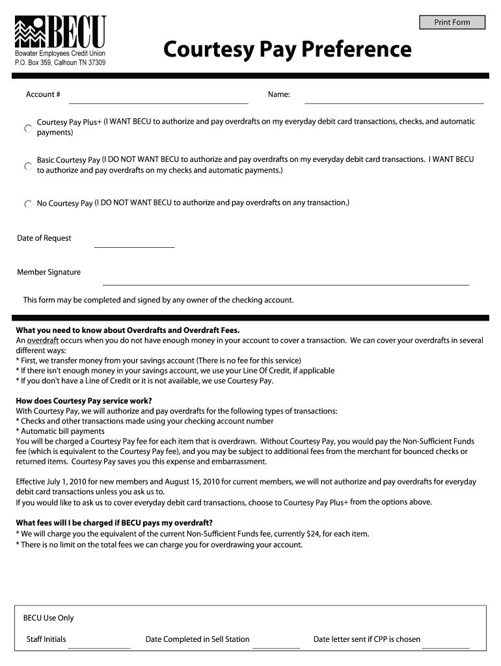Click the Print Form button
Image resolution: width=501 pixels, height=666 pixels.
click(x=452, y=22)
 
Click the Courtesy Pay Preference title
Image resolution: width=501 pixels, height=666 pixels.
click(x=287, y=49)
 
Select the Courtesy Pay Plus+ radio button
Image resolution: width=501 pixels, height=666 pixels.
click(x=28, y=129)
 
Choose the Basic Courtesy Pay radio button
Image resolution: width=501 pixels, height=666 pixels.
click(x=28, y=166)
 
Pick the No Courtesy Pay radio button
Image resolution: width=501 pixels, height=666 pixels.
click(x=28, y=204)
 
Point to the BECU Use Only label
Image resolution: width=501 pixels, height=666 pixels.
click(x=49, y=618)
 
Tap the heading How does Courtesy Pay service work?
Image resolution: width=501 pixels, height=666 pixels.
click(x=83, y=401)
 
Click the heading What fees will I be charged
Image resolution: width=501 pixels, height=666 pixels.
click(x=114, y=523)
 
